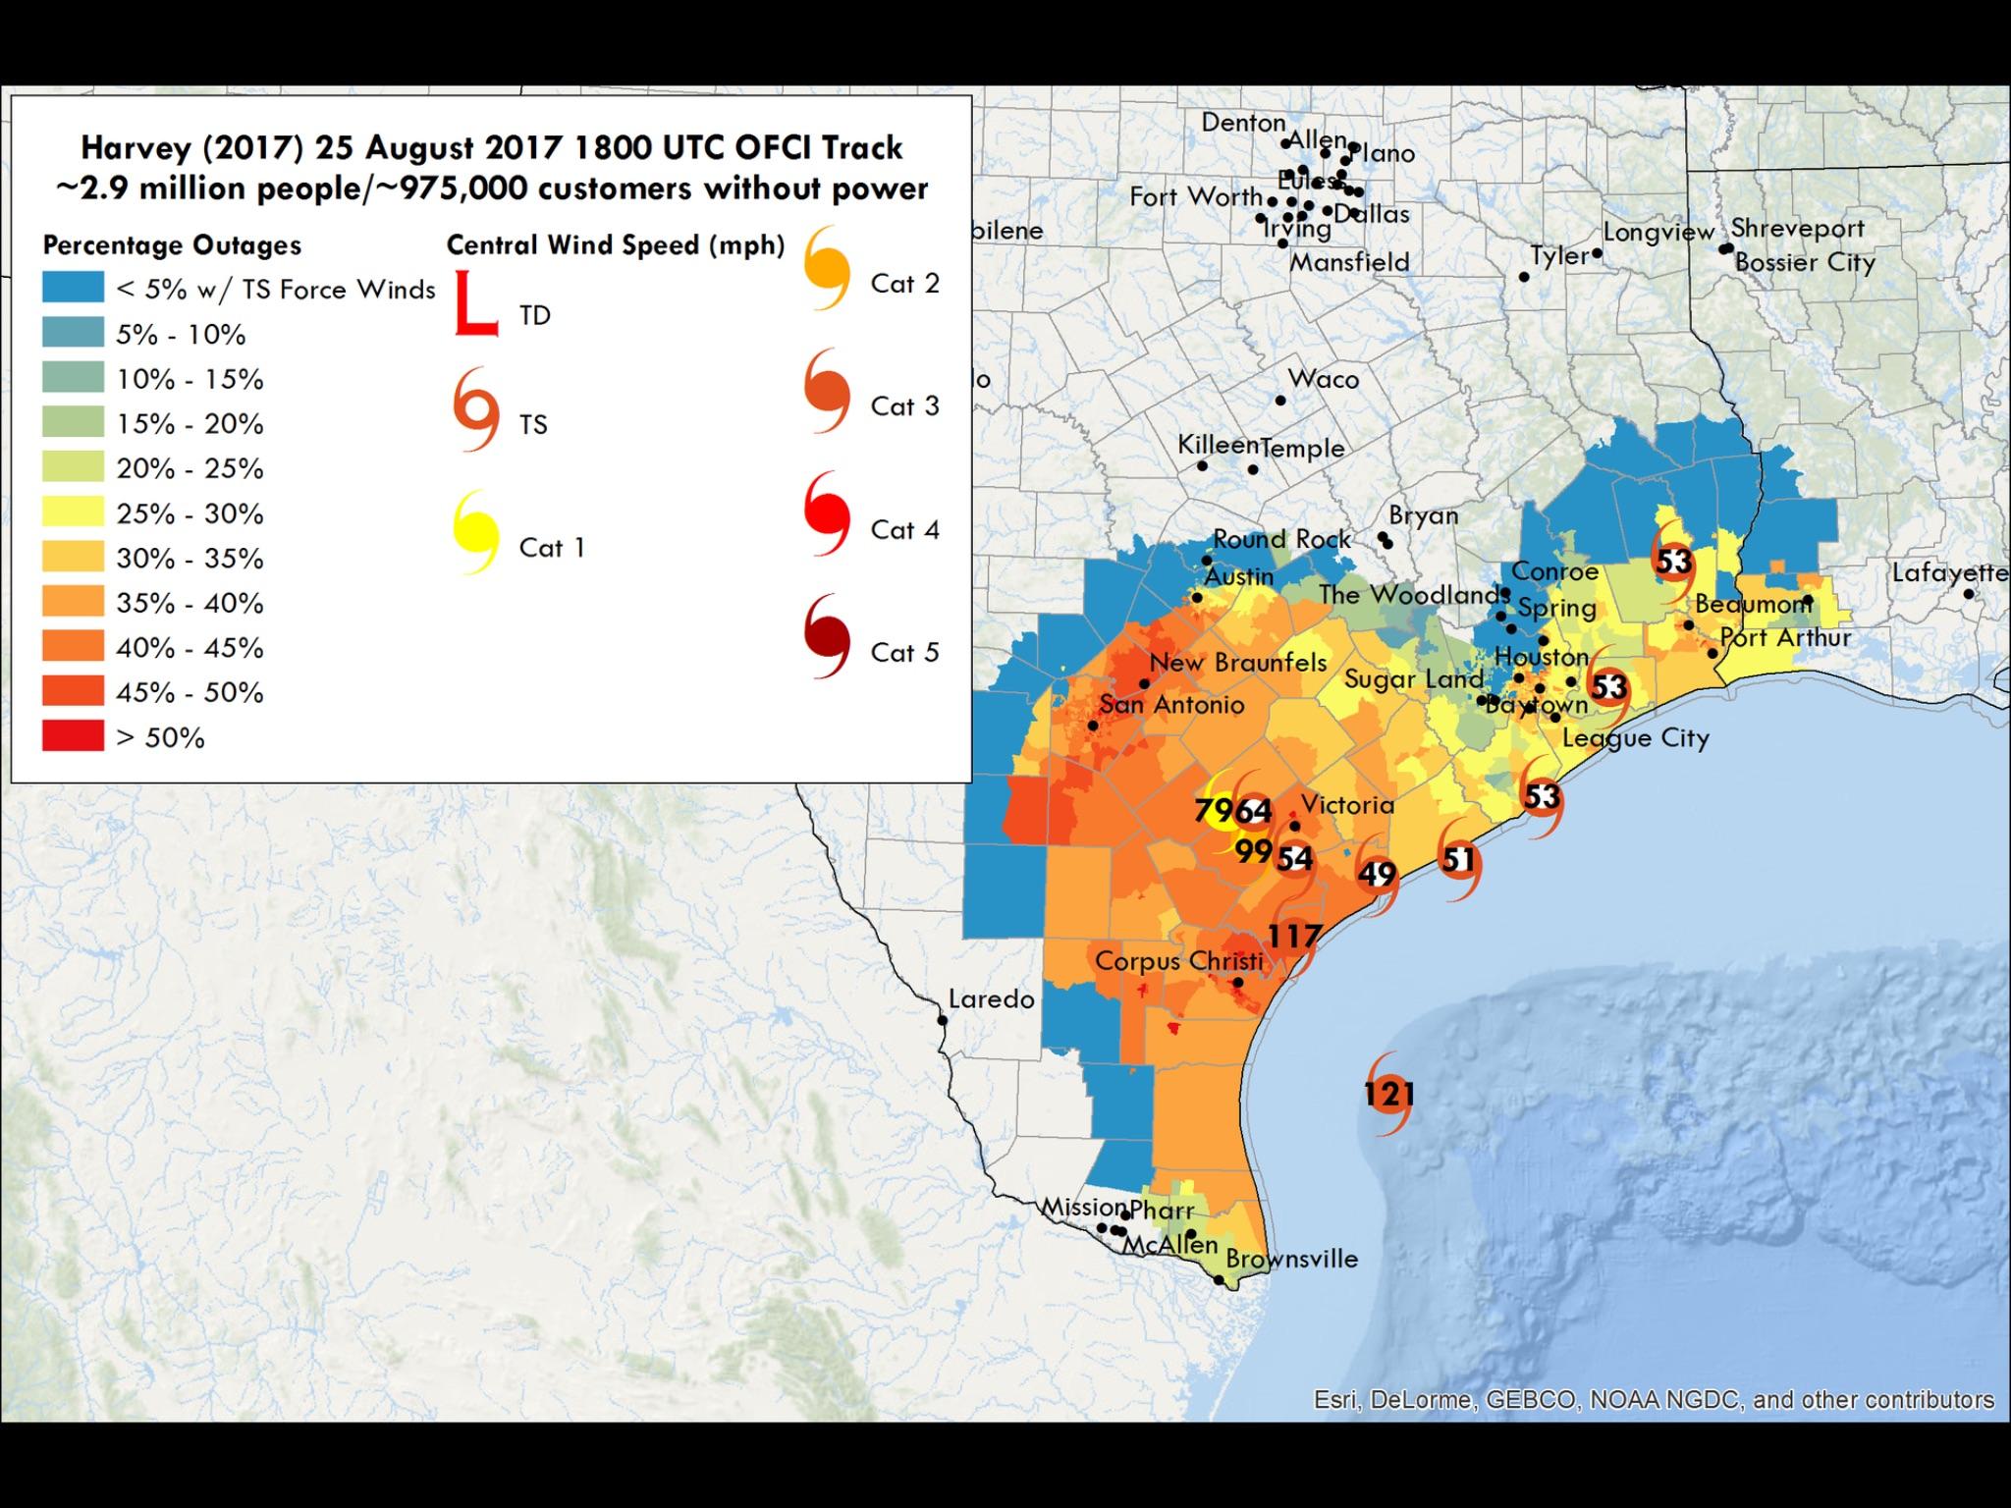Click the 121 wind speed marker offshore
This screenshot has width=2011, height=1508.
pos(1388,1093)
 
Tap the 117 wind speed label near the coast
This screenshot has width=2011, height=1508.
pos(1294,936)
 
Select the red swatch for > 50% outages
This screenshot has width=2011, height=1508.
pos(73,736)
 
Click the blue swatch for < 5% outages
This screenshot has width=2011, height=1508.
pos(73,289)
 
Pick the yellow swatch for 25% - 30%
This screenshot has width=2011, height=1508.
pos(73,512)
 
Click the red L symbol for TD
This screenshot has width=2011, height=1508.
pos(476,303)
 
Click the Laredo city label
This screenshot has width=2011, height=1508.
pos(991,999)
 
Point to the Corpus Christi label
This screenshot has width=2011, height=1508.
pos(1178,961)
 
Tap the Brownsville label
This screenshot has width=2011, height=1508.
pos(1291,1259)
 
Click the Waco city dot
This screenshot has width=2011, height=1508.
pos(1280,401)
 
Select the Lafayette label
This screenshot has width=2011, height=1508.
pos(1949,572)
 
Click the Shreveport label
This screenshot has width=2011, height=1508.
pos(1797,228)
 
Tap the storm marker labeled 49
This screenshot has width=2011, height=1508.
pos(1377,874)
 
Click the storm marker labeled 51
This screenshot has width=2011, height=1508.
pos(1458,860)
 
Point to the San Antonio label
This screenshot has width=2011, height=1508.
pos(1171,704)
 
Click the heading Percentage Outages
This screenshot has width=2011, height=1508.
pos(172,244)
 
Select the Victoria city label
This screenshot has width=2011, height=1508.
pos(1347,805)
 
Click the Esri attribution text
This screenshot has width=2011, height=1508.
pos(1654,1399)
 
